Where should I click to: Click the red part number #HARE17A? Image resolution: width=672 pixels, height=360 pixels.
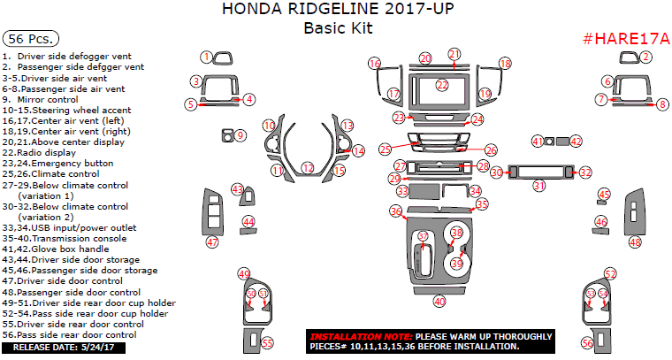[x=626, y=40]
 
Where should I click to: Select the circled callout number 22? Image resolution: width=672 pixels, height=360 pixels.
[x=442, y=85]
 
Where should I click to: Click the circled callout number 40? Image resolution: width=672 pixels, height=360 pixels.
[x=439, y=302]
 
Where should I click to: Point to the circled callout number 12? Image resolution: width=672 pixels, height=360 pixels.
[x=307, y=167]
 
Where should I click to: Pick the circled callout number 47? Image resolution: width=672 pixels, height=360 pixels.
[x=211, y=241]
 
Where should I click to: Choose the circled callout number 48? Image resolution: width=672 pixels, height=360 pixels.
[x=635, y=241]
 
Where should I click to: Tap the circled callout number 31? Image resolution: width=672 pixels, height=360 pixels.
[x=538, y=185]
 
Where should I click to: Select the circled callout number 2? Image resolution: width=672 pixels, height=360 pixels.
[x=645, y=57]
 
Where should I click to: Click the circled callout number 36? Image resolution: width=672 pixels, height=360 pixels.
[x=396, y=211]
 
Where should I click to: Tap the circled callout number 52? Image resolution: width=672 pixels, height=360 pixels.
[x=610, y=273]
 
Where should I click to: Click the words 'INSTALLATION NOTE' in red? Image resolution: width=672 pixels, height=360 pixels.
[x=359, y=337]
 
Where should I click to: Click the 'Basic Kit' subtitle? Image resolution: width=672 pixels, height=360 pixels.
[x=337, y=27]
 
